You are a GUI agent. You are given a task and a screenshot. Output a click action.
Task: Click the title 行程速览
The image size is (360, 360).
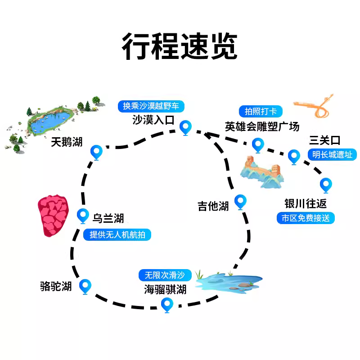180,47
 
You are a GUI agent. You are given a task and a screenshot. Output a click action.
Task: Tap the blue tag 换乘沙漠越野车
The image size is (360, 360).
151,106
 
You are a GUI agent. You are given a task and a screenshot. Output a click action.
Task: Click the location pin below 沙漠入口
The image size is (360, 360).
185,127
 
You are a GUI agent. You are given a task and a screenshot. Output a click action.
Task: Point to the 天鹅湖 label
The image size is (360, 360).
67,142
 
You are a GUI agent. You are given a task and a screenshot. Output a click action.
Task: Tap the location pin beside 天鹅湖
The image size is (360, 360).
96,152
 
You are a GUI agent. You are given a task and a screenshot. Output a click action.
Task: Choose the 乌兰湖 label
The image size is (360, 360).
108,219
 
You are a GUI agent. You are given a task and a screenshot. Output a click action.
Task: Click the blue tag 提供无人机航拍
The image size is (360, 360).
117,234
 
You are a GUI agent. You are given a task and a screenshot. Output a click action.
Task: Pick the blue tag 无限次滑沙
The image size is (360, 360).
165,274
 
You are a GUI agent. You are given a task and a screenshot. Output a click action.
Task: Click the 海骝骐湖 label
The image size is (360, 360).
165,289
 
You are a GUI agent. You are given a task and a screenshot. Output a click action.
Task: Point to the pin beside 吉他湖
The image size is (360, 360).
241,202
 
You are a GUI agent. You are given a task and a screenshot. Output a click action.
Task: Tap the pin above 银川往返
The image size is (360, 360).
325,184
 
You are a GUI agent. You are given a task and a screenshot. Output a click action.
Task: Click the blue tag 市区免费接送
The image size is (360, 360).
306,218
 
